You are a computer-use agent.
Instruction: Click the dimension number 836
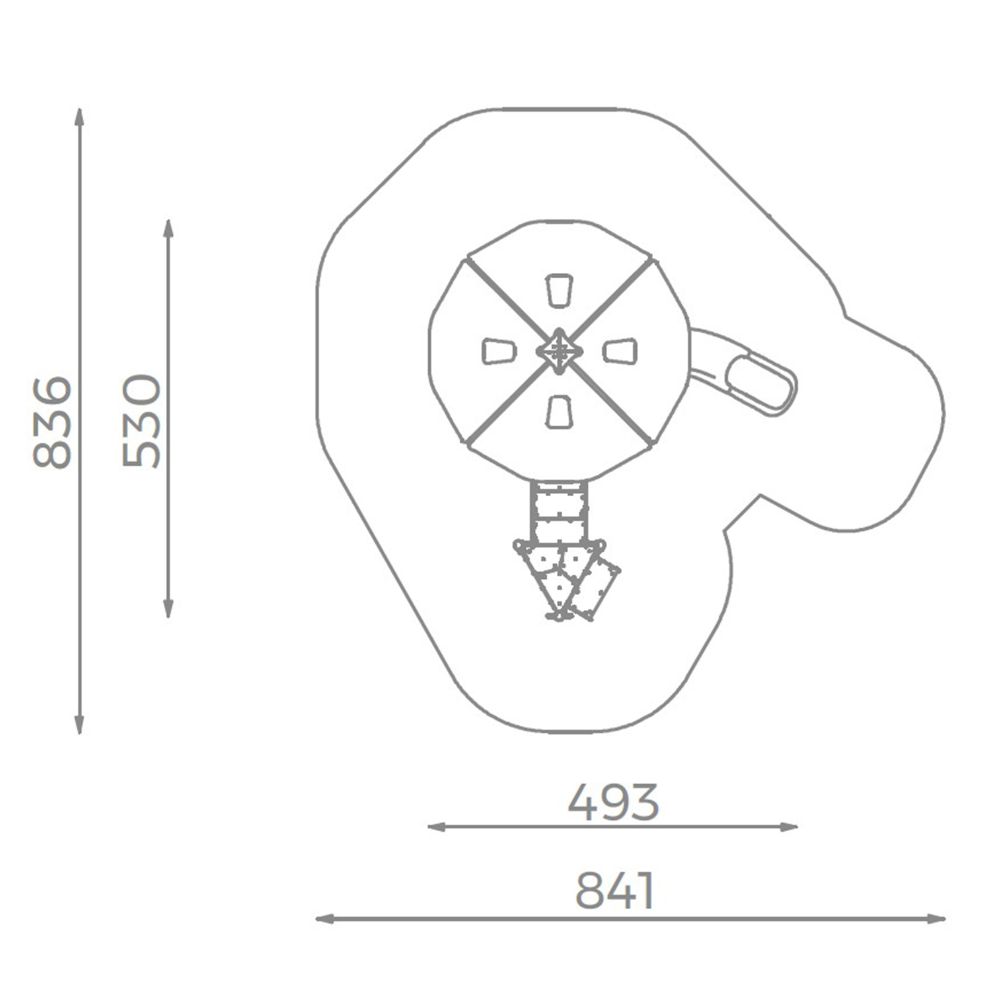(x=52, y=422)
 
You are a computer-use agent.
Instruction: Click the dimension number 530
(x=141, y=421)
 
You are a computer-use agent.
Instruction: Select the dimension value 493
(x=613, y=802)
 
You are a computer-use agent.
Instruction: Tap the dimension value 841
(x=614, y=891)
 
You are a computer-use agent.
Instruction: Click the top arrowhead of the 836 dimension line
(x=79, y=116)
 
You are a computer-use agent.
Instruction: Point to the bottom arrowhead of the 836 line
(x=79, y=725)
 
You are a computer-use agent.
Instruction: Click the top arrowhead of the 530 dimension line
(x=168, y=228)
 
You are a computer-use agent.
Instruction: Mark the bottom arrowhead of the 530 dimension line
(x=168, y=609)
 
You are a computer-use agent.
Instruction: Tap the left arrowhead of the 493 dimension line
(x=437, y=826)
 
